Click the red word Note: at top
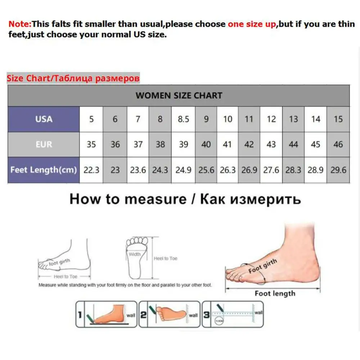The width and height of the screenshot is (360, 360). point(20,24)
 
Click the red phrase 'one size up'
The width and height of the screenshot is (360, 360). point(252,24)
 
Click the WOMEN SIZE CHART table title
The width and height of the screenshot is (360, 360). point(179,96)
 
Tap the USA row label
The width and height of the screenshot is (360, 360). point(44,119)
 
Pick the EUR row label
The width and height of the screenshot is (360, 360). point(44,144)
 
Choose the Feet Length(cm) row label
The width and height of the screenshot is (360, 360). point(44,170)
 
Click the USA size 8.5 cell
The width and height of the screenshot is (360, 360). point(183,119)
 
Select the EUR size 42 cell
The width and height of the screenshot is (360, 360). point(249,144)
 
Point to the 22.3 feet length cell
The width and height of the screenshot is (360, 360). point(91,170)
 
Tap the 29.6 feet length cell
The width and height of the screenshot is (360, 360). point(338,170)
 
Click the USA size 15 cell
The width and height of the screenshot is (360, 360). point(338,119)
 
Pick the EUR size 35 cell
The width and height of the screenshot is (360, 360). point(91,144)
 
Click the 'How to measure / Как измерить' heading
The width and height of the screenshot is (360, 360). point(185,199)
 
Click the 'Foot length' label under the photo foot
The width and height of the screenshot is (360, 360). point(275,293)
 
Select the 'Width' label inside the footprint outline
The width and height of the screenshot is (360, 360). point(135,254)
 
